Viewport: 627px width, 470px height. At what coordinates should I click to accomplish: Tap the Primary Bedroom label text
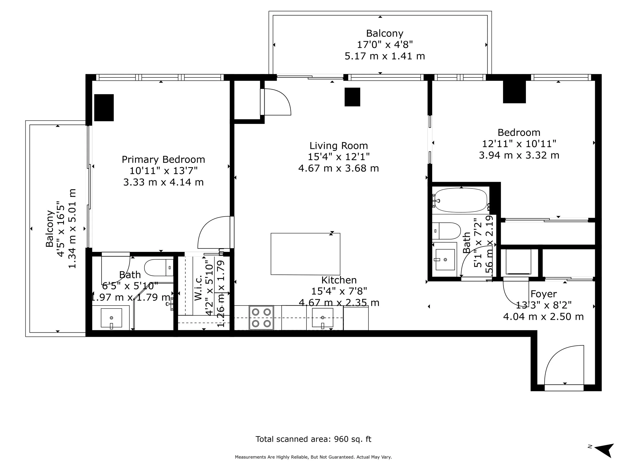163,159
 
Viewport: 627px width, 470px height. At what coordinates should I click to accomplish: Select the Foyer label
543,294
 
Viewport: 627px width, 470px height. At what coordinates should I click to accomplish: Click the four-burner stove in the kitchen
261,318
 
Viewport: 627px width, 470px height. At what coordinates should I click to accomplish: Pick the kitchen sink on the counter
323,318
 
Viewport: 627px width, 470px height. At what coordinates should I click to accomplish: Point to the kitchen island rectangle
305,254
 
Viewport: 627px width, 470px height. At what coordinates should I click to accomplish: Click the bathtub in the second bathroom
461,200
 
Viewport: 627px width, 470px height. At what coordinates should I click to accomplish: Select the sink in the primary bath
111,318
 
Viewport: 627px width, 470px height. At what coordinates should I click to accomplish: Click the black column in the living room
352,97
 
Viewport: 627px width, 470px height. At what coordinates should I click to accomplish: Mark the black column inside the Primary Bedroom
104,108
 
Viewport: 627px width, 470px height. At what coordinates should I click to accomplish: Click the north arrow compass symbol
605,450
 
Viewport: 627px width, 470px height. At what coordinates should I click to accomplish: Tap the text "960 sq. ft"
352,439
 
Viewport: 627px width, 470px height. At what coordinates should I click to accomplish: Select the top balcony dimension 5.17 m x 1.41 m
385,56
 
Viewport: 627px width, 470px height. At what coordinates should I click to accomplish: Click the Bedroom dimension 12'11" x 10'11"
519,144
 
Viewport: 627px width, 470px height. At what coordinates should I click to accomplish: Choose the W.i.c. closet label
198,288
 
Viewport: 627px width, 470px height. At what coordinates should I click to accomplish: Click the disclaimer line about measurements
313,457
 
